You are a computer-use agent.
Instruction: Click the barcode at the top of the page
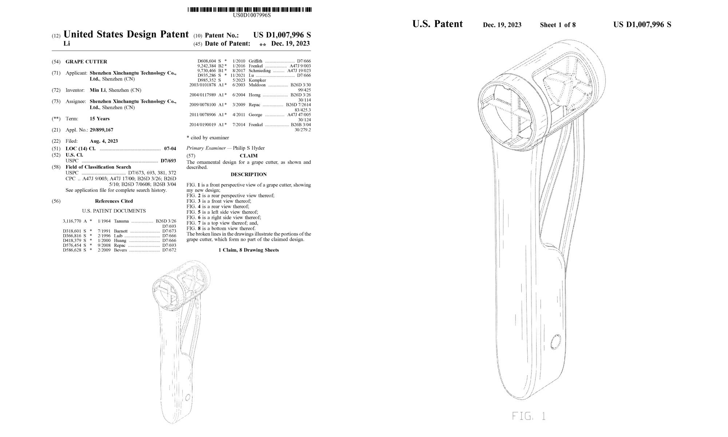[x=250, y=9]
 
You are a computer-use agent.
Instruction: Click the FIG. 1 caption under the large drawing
[x=529, y=416]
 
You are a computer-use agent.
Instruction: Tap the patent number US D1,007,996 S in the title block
[x=282, y=35]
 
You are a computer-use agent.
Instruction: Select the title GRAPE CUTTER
[x=86, y=62]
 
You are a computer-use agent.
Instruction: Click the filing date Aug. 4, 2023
[x=104, y=141]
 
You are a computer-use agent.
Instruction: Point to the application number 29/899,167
[x=102, y=130]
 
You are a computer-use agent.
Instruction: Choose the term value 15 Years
[x=99, y=119]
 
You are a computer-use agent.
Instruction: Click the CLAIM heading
[x=249, y=156]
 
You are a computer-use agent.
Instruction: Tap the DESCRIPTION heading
[x=249, y=174]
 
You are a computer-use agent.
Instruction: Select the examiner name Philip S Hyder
[x=249, y=148]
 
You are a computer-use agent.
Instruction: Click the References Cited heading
[x=114, y=201]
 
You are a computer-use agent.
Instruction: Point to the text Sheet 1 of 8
[x=558, y=25]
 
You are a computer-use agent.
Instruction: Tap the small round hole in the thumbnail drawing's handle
[x=188, y=397]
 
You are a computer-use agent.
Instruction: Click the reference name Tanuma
[x=121, y=221]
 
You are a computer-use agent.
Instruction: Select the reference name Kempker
[x=257, y=80]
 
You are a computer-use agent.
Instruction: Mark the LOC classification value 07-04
[x=170, y=149]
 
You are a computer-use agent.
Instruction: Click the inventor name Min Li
[x=98, y=90]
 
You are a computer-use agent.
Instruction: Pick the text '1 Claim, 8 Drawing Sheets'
[x=249, y=250]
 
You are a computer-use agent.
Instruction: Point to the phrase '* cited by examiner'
[x=207, y=138]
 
